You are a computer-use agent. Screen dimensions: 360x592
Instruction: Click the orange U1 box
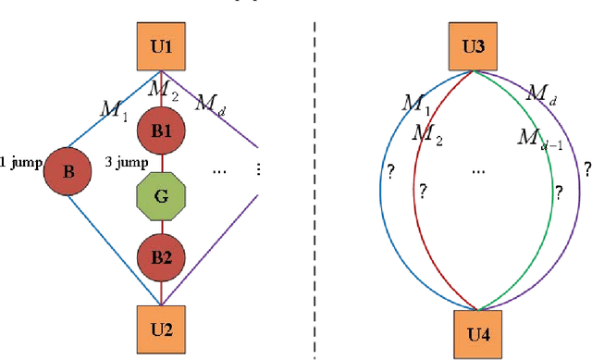click(x=161, y=45)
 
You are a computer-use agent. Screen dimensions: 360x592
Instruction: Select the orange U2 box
click(x=162, y=328)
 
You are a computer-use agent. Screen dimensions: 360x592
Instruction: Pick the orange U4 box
click(x=478, y=330)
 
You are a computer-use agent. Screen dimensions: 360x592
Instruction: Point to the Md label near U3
click(x=539, y=93)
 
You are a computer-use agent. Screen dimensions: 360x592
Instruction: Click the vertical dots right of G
click(x=257, y=169)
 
